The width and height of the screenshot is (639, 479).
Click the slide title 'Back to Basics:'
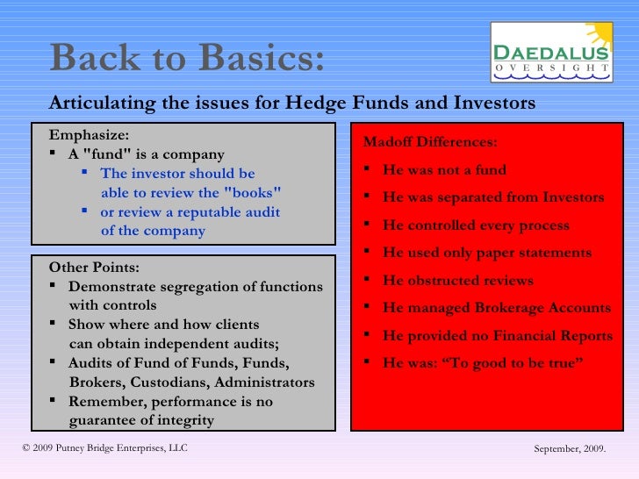(187, 59)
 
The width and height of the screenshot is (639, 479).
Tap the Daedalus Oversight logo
(551, 53)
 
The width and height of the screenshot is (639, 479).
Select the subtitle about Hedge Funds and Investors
(291, 104)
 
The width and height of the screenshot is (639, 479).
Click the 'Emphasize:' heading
(89, 135)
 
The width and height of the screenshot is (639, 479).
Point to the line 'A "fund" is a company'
(146, 154)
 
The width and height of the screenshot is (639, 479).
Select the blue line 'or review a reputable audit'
(190, 212)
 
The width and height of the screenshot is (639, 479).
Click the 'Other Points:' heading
(94, 268)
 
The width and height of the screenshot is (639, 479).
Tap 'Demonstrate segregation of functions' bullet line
(195, 287)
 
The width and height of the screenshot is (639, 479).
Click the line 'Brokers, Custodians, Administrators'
(191, 382)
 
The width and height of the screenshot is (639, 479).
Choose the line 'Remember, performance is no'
(170, 402)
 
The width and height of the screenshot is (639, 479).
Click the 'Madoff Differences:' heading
(430, 142)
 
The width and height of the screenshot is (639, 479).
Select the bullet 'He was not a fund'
(444, 170)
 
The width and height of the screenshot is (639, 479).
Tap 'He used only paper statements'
(487, 253)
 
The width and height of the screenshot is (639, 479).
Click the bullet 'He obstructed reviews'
(457, 281)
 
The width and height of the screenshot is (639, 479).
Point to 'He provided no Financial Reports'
(498, 336)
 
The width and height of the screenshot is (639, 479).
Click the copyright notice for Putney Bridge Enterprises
(104, 449)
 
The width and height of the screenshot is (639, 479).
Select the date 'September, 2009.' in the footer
(571, 449)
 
